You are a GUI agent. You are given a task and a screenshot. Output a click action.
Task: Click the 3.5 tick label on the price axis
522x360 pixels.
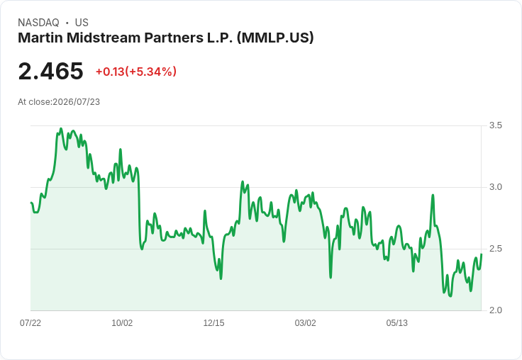(x=495, y=125)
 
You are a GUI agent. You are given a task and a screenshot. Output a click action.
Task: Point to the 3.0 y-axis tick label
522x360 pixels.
(x=495, y=187)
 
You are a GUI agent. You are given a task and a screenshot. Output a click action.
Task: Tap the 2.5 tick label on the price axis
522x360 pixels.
(x=495, y=249)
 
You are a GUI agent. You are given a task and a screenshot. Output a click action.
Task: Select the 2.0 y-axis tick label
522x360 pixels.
(x=495, y=310)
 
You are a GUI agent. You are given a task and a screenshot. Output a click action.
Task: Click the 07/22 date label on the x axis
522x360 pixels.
(x=30, y=322)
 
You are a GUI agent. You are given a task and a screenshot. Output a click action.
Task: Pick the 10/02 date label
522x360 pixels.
(x=122, y=322)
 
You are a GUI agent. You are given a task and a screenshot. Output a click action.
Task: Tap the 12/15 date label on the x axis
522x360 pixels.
(x=213, y=322)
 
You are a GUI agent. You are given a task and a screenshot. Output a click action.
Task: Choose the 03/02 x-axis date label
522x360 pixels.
(x=305, y=322)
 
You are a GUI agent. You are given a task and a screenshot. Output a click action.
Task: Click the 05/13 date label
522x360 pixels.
(x=396, y=322)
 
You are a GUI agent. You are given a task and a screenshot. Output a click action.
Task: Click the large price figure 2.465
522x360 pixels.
(x=50, y=71)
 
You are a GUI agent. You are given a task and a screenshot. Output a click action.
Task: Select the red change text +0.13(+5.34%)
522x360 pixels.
(x=136, y=72)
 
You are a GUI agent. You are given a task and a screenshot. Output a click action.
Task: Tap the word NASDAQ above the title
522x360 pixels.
(x=38, y=23)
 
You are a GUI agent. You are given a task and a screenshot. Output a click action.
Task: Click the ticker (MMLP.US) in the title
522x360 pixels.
(x=275, y=38)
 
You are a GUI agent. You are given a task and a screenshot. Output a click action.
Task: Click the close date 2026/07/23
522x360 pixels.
(x=76, y=102)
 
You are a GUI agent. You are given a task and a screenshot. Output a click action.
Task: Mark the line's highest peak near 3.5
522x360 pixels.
(x=60, y=128)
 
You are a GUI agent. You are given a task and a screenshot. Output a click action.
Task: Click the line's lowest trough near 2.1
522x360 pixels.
(x=450, y=296)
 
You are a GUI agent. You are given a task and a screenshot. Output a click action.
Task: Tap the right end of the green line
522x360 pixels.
(x=481, y=254)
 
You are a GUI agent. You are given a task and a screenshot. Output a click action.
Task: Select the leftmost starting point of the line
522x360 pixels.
(x=31, y=203)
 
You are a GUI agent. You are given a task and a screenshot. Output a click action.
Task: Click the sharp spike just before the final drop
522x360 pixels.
(x=433, y=196)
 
